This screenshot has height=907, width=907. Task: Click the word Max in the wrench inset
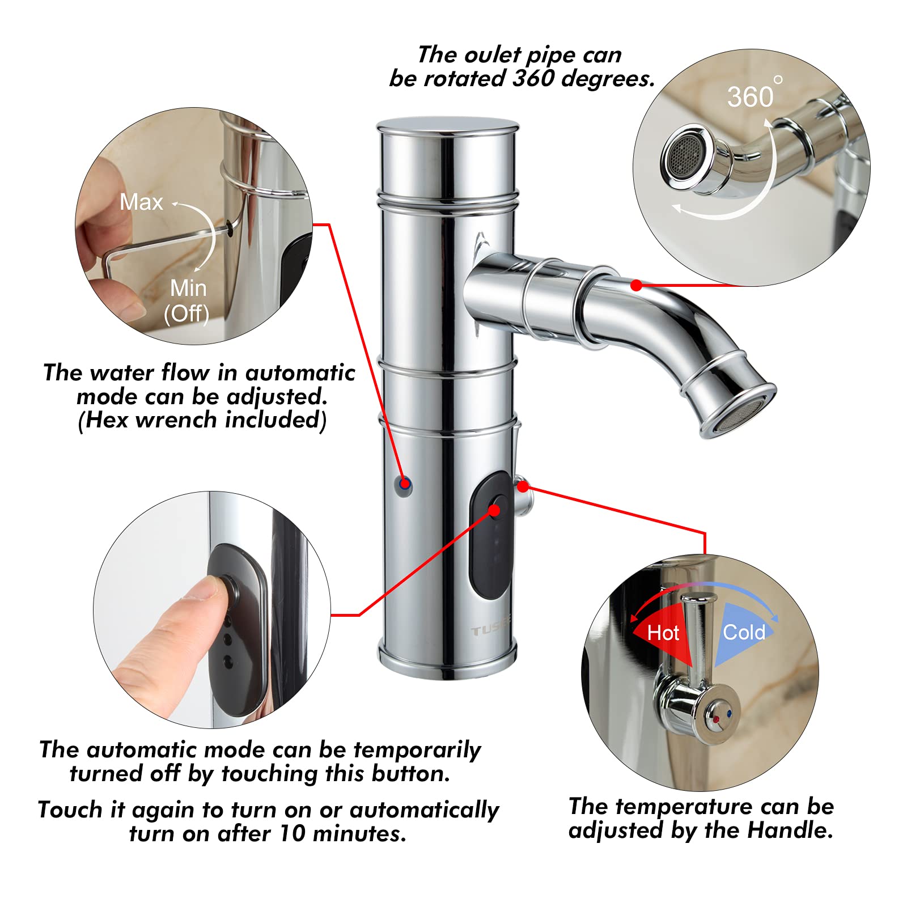pos(141,202)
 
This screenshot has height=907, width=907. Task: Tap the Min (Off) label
pos(188,300)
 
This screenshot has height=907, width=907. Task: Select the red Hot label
pos(663,633)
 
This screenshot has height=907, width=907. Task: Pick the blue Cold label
pos(744,632)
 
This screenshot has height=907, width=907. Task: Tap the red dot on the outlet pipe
pos(637,285)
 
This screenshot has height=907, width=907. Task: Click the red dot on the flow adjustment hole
pos(404,484)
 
